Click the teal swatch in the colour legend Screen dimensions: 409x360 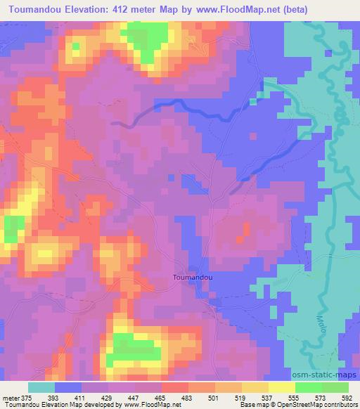click(x=41, y=387)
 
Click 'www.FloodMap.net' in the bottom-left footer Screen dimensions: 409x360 click(x=148, y=405)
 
